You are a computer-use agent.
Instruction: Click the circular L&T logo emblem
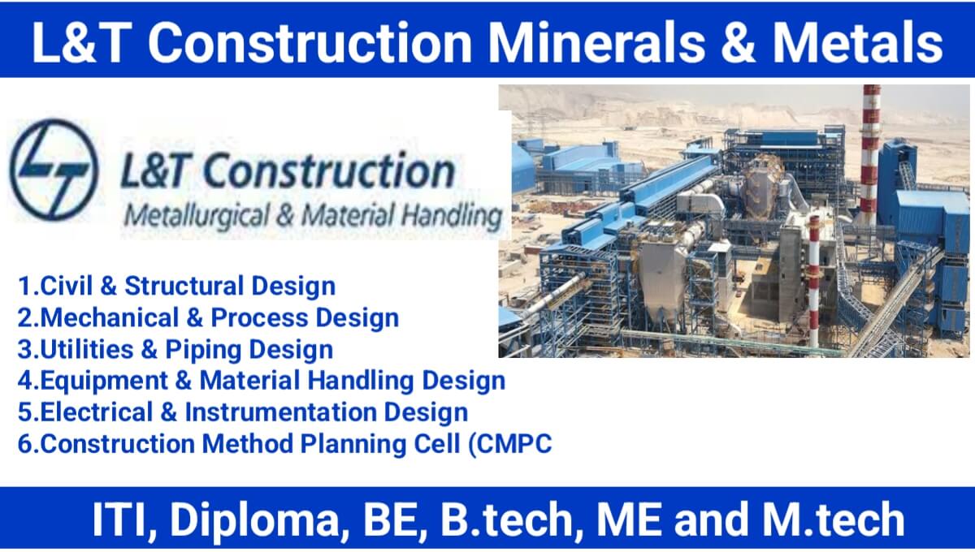click(54, 169)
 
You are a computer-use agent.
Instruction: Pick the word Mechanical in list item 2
click(109, 317)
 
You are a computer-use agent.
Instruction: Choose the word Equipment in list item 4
click(104, 381)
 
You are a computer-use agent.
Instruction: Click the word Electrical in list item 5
click(96, 412)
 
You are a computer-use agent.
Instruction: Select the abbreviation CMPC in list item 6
click(514, 444)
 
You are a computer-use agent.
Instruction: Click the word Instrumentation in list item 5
click(281, 412)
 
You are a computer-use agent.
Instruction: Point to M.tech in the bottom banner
click(834, 519)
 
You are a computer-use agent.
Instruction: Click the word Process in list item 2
click(259, 317)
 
